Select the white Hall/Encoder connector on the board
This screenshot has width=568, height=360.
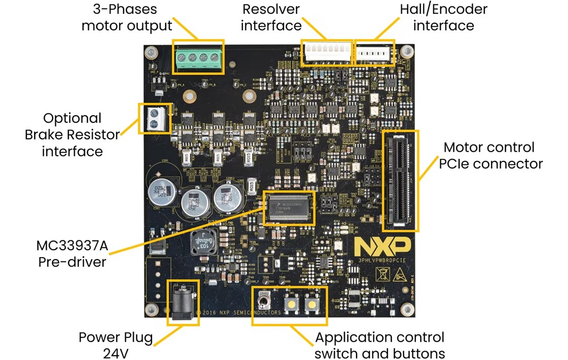[x=375, y=53]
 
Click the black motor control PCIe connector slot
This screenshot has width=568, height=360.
[x=400, y=180]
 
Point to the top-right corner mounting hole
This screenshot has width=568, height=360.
[x=406, y=52]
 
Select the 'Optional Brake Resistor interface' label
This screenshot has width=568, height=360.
[x=72, y=135]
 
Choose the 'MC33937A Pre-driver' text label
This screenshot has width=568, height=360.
[x=72, y=253]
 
